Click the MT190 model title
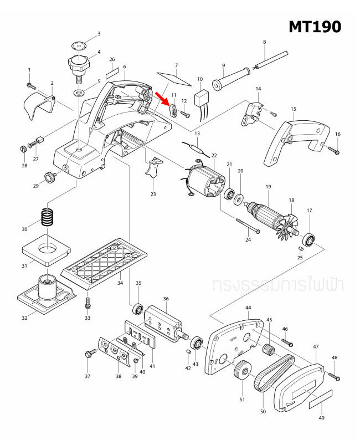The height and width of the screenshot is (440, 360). [x=314, y=26]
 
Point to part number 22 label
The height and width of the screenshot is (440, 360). [x=214, y=156]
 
